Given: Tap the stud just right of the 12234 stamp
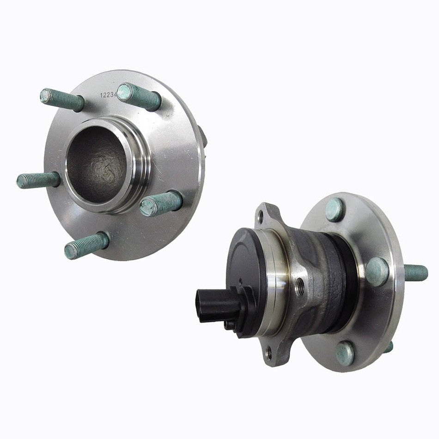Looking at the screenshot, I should point(139,96).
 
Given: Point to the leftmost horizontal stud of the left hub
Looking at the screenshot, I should point(38,180).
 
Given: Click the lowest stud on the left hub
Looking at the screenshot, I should point(86,245).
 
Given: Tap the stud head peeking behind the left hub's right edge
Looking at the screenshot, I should point(202,136).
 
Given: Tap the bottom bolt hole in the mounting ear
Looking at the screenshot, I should point(269,353).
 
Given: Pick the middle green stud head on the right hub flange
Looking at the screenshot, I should point(377,271).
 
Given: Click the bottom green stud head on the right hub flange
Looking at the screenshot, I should point(345,354).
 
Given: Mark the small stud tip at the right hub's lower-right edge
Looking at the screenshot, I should point(389,347).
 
